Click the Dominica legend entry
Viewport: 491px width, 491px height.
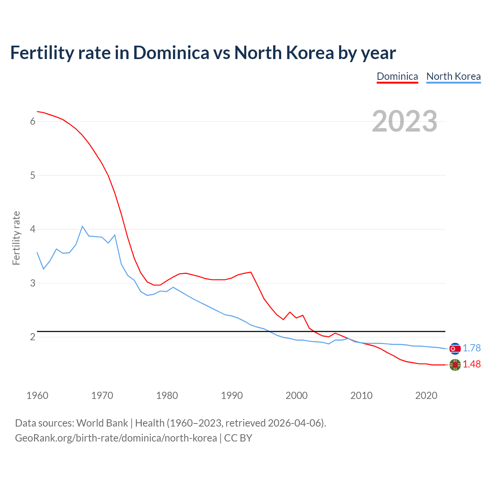[x=397, y=76]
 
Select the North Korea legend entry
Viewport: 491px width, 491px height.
[x=453, y=76]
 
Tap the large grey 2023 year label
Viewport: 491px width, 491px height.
[x=405, y=121]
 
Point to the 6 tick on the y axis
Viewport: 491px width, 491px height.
[x=33, y=122]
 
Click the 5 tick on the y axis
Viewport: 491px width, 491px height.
[x=33, y=175]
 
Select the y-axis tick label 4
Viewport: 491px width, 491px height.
[x=33, y=229]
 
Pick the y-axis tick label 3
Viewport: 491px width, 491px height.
[x=33, y=283]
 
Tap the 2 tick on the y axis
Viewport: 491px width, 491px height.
[x=33, y=337]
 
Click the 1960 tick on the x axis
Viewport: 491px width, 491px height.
[x=37, y=395]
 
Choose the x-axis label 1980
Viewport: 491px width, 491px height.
[x=167, y=395]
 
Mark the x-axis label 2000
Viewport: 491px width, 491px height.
[x=297, y=395]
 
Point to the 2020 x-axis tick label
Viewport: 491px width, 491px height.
[x=426, y=395]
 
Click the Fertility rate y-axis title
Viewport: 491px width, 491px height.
[x=16, y=238]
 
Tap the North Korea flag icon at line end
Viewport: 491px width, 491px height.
[x=455, y=348]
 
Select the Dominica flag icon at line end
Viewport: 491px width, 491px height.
[x=455, y=365]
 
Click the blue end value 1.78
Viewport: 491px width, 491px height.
[x=471, y=348]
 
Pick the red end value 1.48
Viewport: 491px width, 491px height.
[x=471, y=364]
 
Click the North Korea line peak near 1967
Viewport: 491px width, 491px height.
[x=82, y=226]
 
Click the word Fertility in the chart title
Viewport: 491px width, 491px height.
[x=41, y=53]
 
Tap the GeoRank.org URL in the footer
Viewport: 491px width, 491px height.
[x=116, y=438]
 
